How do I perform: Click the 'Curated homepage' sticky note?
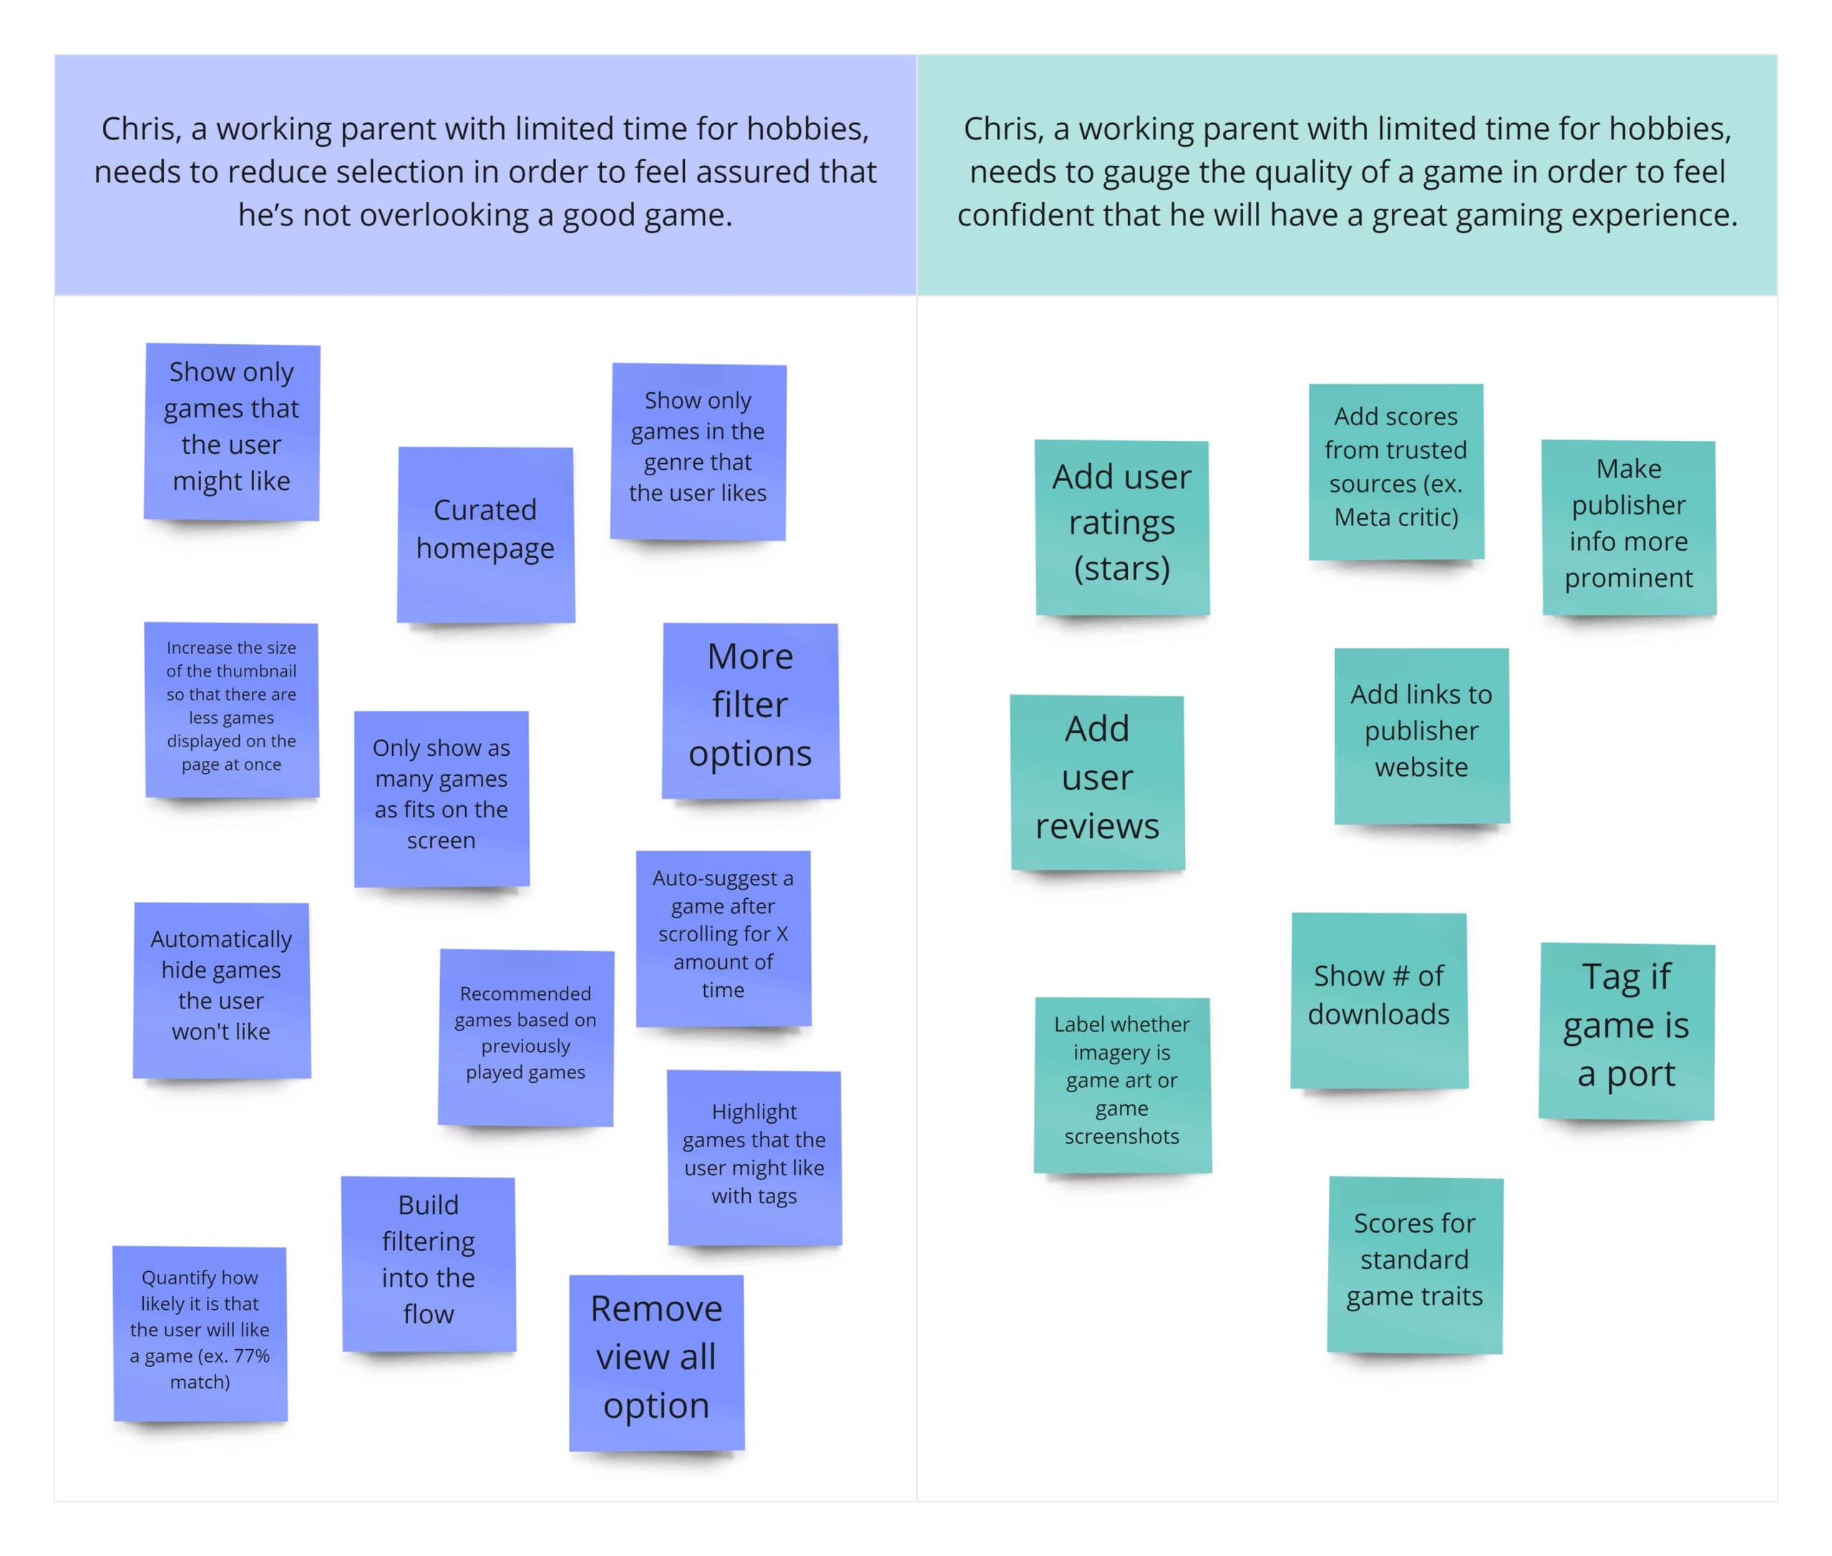pos(485,534)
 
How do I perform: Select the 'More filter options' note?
pos(750,710)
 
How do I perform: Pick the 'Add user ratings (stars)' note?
pos(1122,527)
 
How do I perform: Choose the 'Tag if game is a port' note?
pos(1626,1030)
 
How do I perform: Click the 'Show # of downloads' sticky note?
pos(1378,999)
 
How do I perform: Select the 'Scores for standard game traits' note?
pos(1415,1263)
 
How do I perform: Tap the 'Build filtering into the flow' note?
pos(429,1263)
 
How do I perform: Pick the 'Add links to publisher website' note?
pos(1421,735)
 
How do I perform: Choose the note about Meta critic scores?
pos(1395,470)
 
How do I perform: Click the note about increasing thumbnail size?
pos(231,709)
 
